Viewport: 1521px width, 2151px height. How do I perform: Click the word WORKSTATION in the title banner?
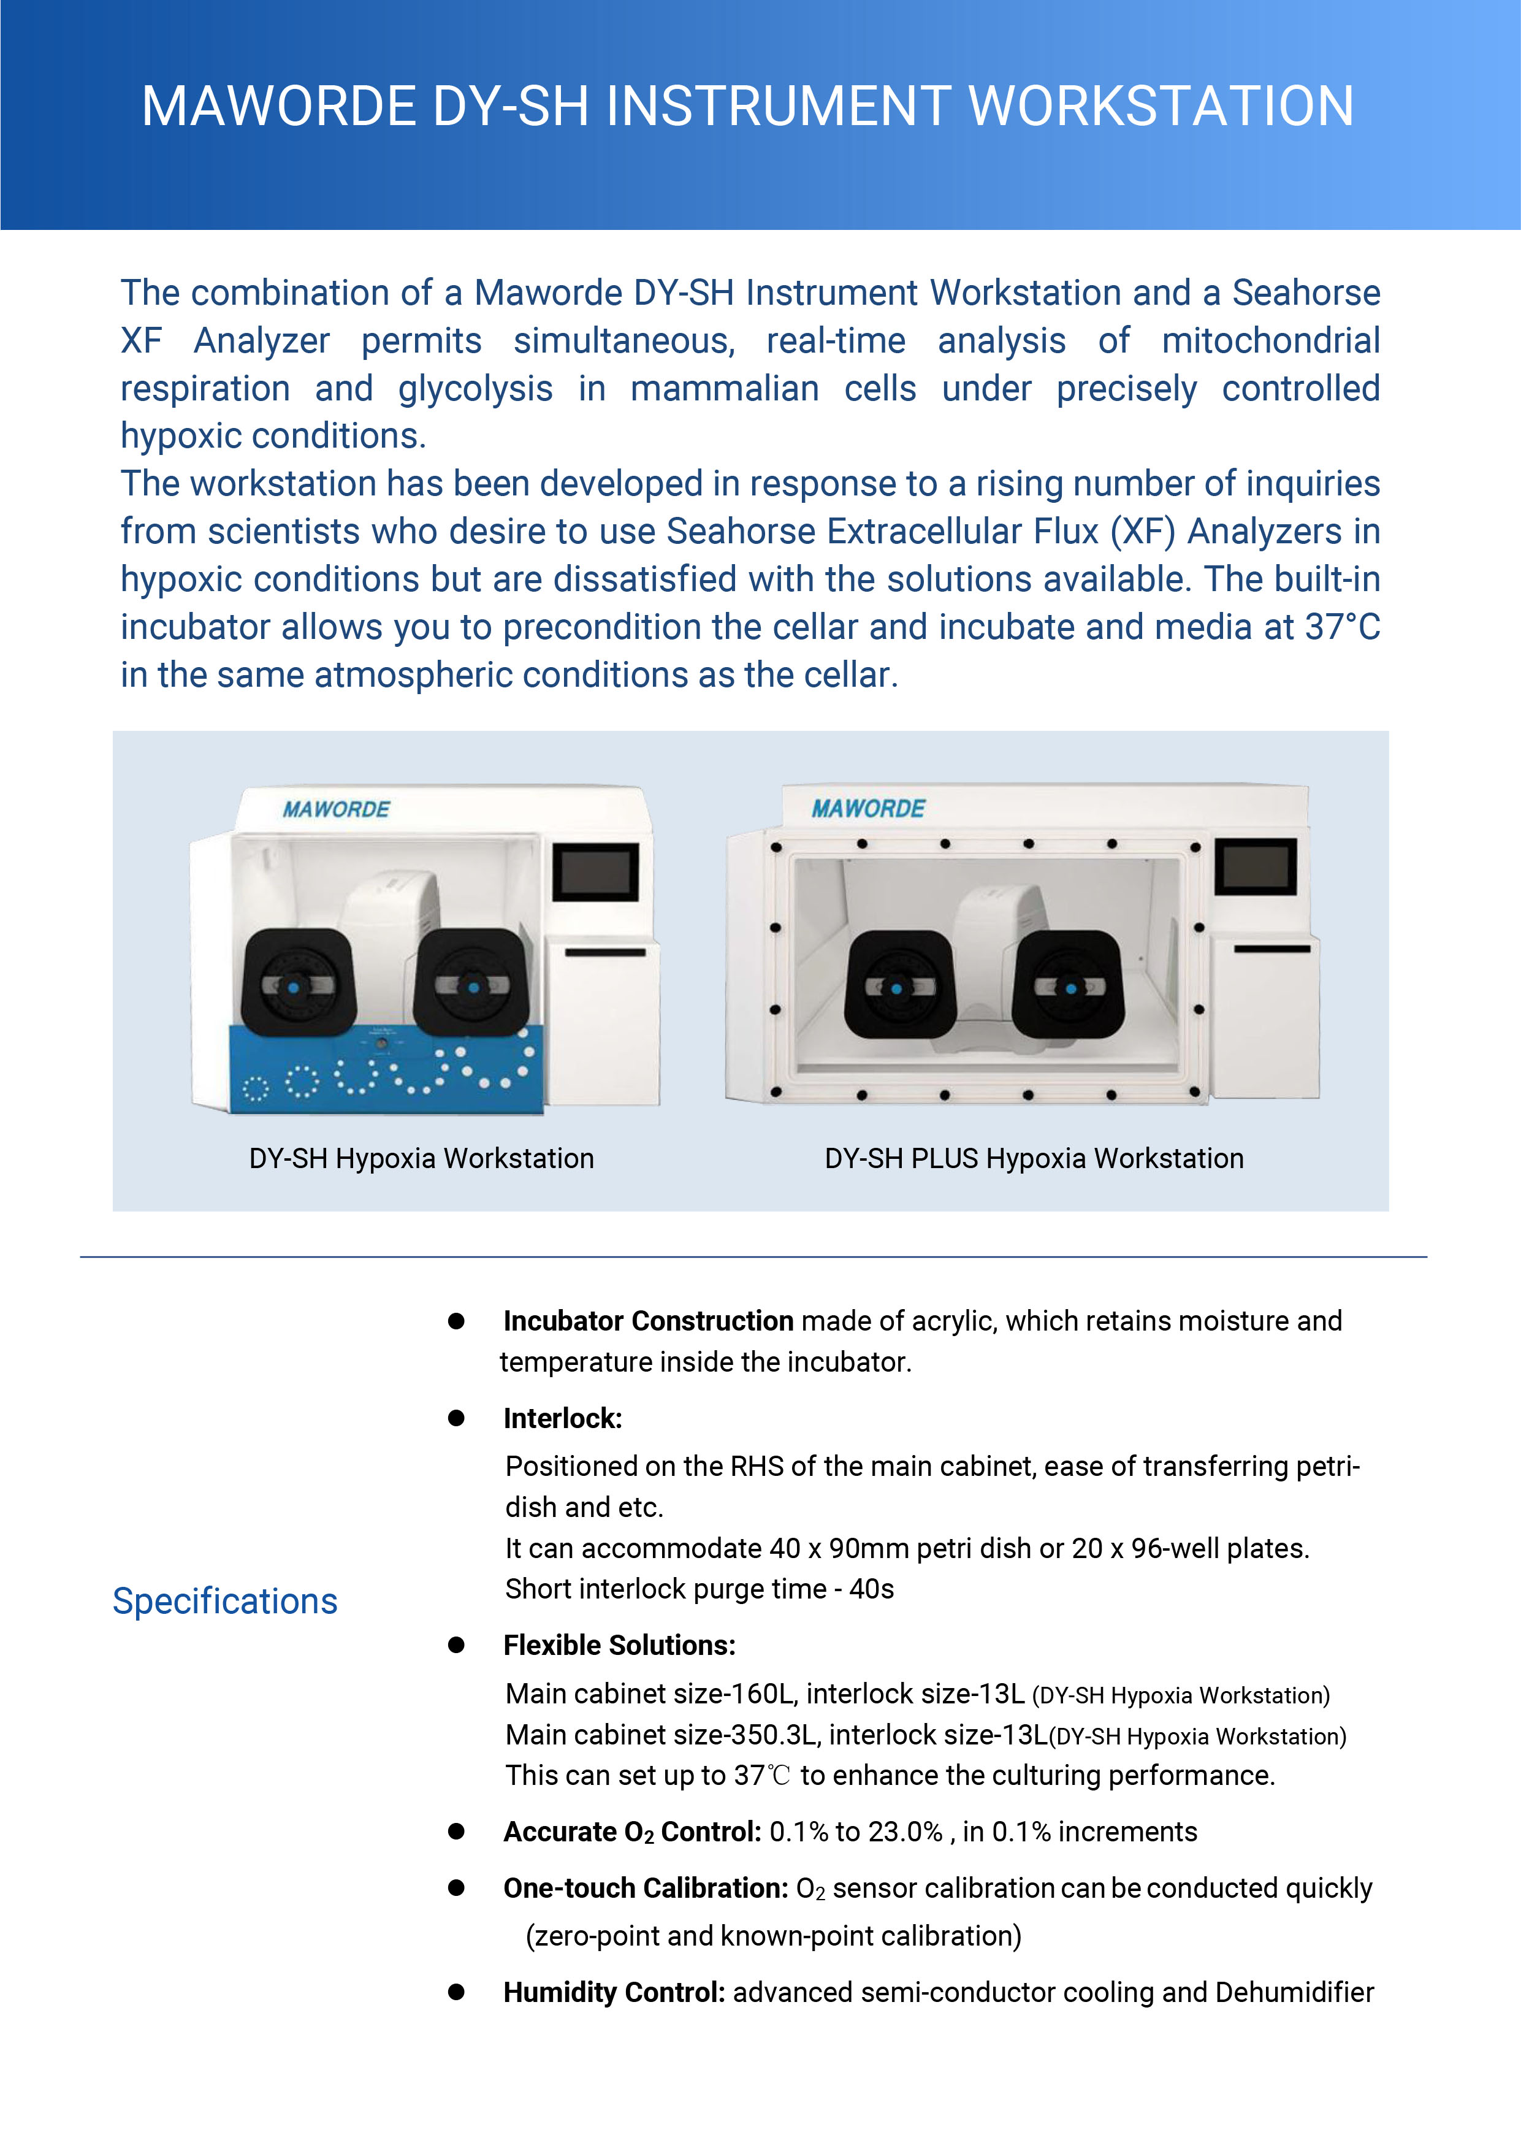[1161, 106]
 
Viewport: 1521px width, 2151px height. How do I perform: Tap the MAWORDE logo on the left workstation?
[335, 809]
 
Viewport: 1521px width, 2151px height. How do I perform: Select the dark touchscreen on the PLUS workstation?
[1255, 866]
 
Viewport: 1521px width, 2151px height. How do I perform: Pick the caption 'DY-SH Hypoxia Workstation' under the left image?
[421, 1159]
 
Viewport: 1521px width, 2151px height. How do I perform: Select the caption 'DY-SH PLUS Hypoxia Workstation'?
[1034, 1159]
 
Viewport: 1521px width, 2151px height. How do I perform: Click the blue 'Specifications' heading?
[225, 1601]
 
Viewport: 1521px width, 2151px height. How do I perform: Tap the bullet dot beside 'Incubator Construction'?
[456, 1321]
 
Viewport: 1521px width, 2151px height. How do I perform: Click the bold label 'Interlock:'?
[562, 1418]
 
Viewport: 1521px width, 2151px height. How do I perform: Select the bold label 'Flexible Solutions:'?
[619, 1645]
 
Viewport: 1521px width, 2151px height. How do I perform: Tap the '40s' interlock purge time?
[871, 1589]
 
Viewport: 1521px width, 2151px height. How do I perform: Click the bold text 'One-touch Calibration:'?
[646, 1888]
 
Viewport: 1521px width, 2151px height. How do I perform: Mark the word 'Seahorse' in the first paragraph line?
[1306, 293]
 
